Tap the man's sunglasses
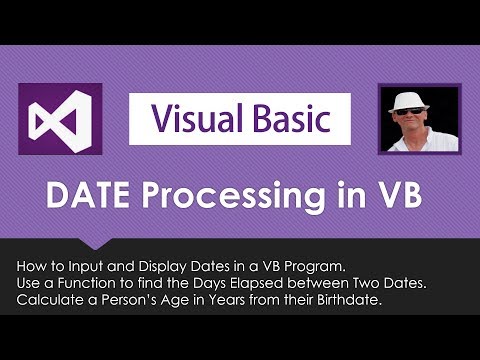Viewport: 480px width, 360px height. [420, 112]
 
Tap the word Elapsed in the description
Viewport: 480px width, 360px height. [259, 283]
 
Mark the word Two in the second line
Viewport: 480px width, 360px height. [355, 283]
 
